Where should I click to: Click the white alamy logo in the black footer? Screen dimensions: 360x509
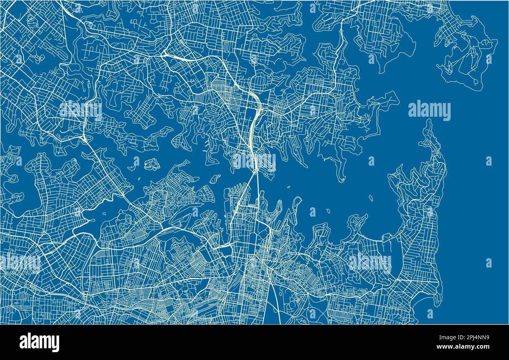pyautogui.click(x=39, y=342)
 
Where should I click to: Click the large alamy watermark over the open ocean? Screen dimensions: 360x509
pyautogui.click(x=429, y=110)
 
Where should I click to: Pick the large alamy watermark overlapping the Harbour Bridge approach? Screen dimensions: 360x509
pyautogui.click(x=254, y=161)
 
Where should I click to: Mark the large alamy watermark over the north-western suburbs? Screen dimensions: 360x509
pyautogui.click(x=81, y=110)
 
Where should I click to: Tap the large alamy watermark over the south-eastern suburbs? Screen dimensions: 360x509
pyautogui.click(x=370, y=263)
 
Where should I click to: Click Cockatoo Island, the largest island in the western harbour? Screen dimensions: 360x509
pyautogui.click(x=152, y=164)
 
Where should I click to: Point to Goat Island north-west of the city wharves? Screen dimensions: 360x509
pyautogui.click(x=215, y=179)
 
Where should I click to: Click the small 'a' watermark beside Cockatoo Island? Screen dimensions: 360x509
pyautogui.click(x=136, y=161)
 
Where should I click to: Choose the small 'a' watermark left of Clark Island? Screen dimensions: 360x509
pyautogui.click(x=312, y=212)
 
